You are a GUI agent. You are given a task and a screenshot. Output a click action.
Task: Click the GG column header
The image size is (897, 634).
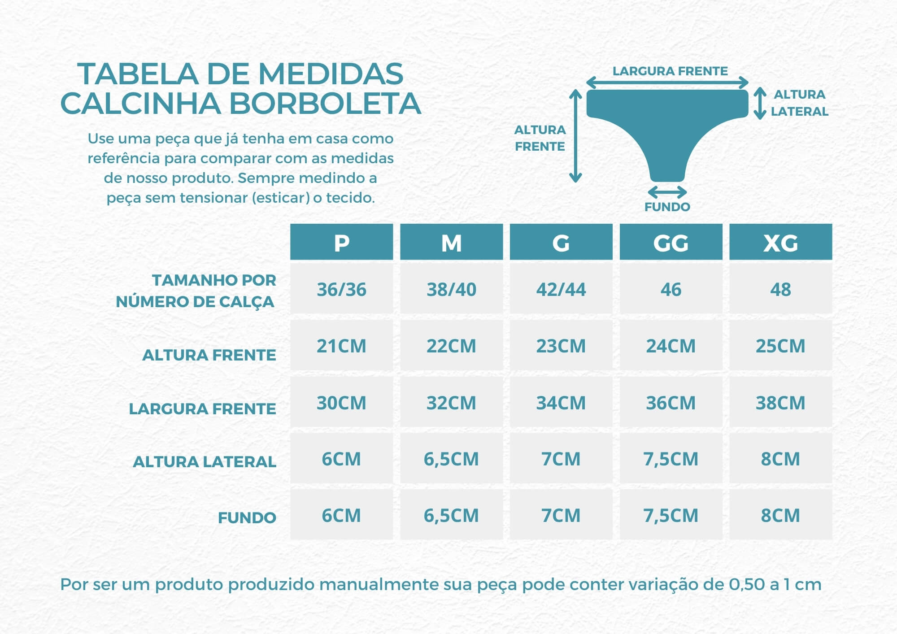[x=671, y=242]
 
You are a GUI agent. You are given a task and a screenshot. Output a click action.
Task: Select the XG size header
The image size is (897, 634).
[x=780, y=242]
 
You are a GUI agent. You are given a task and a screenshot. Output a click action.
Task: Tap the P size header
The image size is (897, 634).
[x=341, y=242]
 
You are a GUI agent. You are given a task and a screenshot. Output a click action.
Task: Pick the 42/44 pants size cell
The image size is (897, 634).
[x=561, y=289]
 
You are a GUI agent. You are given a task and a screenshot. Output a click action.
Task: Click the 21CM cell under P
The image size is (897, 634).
[x=341, y=346]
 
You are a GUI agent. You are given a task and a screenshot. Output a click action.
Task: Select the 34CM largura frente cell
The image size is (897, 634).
[x=561, y=403]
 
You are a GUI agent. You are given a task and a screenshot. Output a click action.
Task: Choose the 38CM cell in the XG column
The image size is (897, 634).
[x=780, y=403]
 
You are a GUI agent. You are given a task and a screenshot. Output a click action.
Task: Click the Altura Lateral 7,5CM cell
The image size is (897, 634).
[x=671, y=459]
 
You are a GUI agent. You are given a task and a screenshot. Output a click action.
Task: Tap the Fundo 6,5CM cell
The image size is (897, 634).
[x=451, y=515]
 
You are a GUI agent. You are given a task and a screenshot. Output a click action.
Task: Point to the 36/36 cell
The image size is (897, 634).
[x=341, y=289]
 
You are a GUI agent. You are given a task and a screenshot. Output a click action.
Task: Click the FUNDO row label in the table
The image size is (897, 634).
[x=247, y=518]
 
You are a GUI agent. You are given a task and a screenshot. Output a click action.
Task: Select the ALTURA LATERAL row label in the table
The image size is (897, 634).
[x=205, y=461]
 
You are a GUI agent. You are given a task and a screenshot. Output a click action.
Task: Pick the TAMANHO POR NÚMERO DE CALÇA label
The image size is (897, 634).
[x=196, y=291]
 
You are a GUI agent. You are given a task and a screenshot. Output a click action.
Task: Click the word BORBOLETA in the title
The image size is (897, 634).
[x=325, y=104]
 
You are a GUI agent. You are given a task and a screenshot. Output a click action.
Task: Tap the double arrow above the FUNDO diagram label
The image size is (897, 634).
[x=667, y=192]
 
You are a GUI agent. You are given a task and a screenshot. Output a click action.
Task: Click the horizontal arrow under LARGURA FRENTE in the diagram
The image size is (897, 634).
[x=667, y=83]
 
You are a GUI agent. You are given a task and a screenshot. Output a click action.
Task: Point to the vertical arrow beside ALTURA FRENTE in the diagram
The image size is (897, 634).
[x=575, y=135]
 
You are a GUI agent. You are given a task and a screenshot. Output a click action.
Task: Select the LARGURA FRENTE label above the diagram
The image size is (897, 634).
[x=670, y=71]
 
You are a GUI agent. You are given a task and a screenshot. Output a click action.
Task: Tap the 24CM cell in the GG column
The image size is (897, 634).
[x=671, y=346]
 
